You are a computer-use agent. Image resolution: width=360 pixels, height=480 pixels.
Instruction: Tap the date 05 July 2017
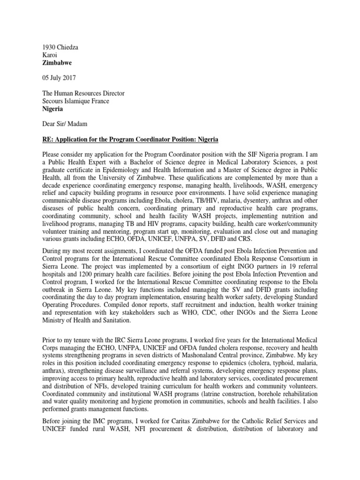(x=61, y=78)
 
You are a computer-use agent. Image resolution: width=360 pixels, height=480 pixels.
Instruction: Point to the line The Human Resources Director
(x=83, y=93)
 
